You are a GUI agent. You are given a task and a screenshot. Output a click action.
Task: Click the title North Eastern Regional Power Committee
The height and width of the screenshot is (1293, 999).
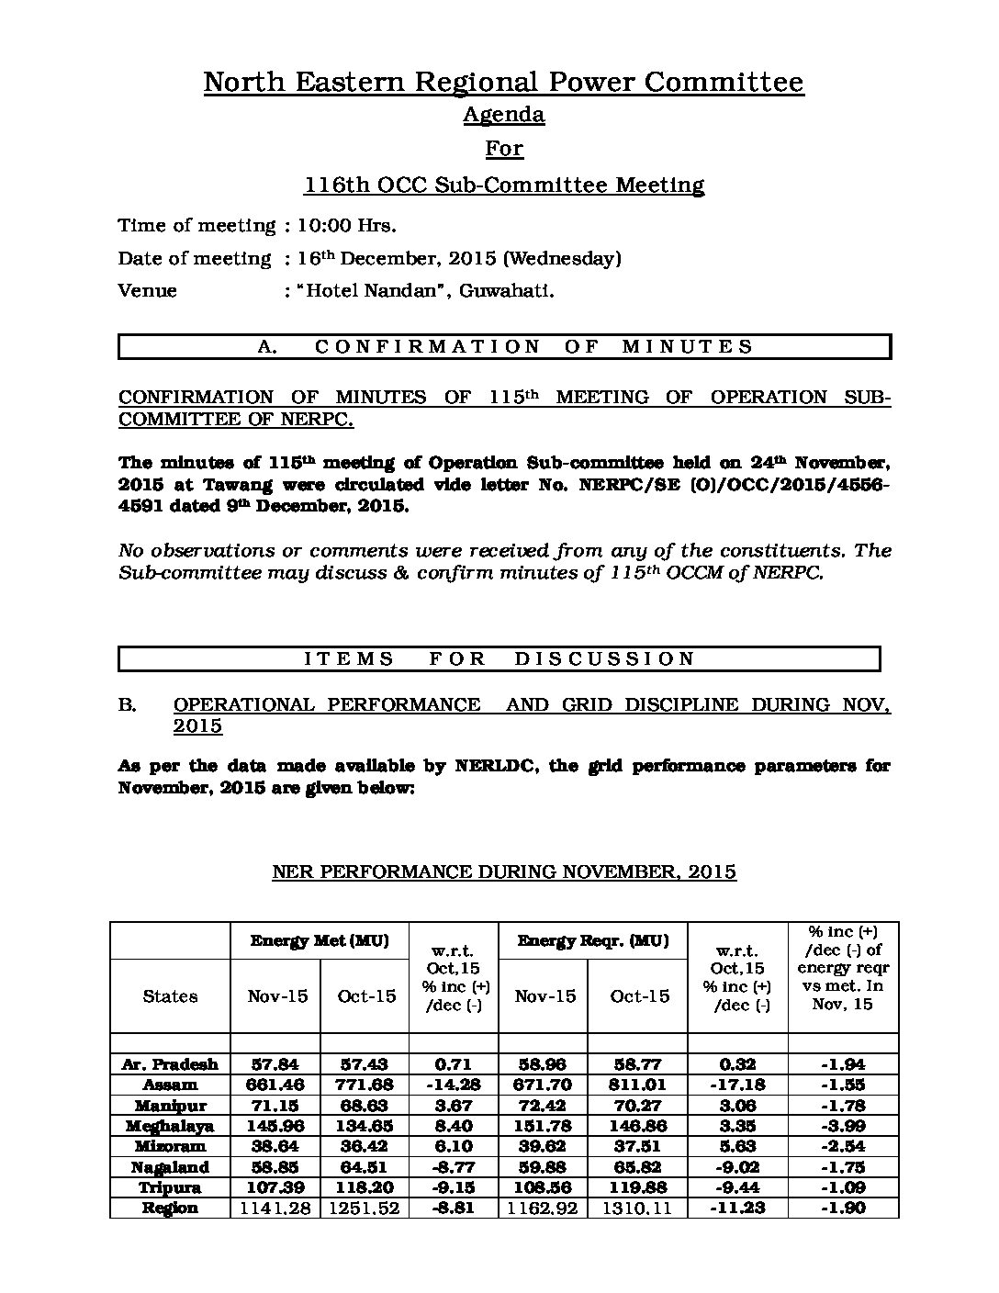503,83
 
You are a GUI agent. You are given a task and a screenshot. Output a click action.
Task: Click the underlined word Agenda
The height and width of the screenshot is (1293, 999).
503,115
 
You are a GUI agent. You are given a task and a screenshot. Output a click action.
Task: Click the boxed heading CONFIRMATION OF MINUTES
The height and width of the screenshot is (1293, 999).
505,346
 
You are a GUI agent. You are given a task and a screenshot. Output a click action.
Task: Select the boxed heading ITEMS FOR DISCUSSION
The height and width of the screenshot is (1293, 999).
499,658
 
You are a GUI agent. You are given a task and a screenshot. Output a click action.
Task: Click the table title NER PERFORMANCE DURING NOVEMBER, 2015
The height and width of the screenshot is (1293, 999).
504,871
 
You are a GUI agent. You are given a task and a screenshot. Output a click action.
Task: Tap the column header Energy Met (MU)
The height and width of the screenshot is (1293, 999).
320,940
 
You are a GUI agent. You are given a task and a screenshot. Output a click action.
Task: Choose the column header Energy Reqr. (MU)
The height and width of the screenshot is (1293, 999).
592,940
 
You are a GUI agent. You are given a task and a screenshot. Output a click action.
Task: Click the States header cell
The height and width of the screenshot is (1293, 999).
170,996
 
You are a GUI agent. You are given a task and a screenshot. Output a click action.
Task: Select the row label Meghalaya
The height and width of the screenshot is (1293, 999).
170,1126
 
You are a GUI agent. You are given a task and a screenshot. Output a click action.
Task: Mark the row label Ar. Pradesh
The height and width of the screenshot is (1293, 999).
170,1064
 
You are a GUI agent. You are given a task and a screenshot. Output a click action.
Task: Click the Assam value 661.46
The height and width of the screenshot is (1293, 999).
276,1085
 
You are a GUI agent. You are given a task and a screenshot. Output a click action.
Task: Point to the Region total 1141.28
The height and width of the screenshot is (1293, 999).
275,1209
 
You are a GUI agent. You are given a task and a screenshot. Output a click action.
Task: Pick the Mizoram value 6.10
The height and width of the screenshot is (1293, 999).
454,1147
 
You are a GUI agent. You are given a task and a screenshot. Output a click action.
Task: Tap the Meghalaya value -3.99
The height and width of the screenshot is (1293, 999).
842,1126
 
